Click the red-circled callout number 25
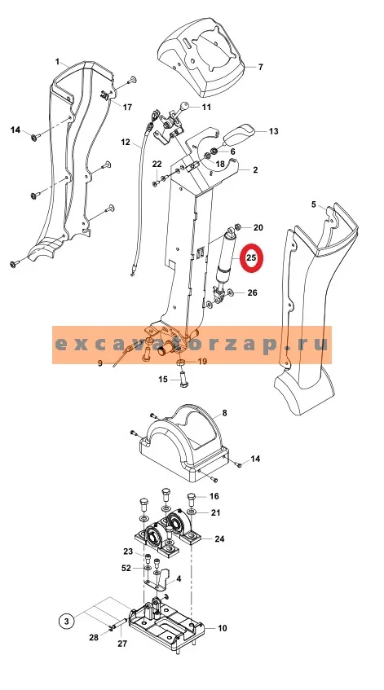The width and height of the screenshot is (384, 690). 250,258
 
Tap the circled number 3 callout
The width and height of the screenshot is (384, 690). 67,621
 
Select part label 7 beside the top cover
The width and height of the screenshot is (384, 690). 260,67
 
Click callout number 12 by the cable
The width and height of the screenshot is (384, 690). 126,142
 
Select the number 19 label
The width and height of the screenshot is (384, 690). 202,361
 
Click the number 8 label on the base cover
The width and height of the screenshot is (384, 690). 224,413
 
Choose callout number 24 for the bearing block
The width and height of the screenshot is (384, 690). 219,538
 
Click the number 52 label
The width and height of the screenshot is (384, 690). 126,568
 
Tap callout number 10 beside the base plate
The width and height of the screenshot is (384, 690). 223,628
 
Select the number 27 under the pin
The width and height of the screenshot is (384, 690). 122,644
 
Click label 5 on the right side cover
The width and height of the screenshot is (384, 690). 314,204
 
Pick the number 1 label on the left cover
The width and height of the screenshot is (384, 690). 57,62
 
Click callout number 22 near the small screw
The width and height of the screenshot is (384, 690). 157,164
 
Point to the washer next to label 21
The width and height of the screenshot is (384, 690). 192,513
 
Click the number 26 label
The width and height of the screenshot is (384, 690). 252,292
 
